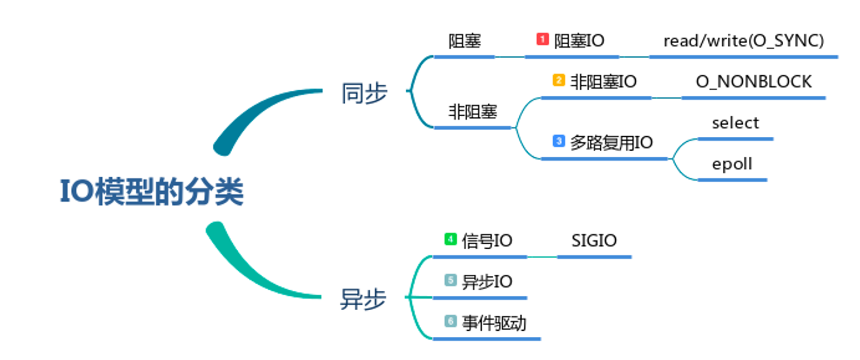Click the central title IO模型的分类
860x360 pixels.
tap(152, 191)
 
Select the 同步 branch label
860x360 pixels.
tap(364, 93)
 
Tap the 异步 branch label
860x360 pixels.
tap(363, 299)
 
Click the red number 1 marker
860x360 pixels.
tap(543, 39)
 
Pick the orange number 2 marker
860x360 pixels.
tap(558, 80)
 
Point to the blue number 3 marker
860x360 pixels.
tap(558, 140)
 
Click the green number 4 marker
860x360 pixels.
tap(450, 239)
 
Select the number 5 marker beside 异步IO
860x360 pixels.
tap(450, 280)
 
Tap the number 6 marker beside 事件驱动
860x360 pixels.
tap(450, 321)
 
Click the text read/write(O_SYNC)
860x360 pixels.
tap(743, 41)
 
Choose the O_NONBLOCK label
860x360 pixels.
tap(753, 82)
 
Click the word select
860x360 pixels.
tap(735, 123)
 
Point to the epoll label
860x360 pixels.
tap(732, 164)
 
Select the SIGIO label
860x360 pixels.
tap(594, 240)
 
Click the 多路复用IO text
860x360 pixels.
tap(611, 142)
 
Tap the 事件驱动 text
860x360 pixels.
tap(494, 323)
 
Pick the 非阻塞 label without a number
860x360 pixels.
tap(472, 112)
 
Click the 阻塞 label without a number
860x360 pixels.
tap(464, 41)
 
